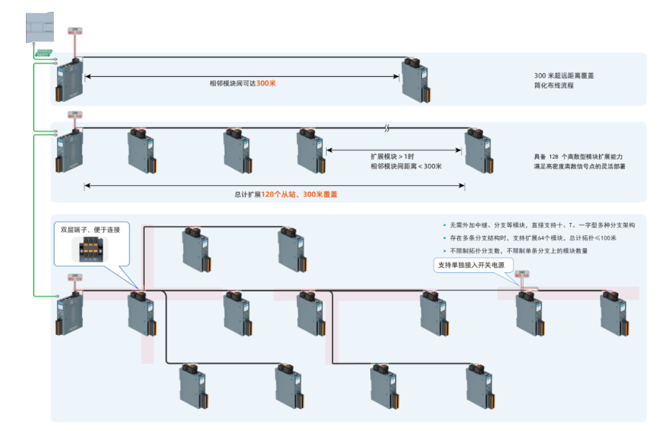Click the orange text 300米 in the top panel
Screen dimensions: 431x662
(266, 83)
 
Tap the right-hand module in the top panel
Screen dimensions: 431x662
(413, 80)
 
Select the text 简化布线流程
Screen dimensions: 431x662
(554, 86)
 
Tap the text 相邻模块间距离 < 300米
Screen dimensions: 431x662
(406, 167)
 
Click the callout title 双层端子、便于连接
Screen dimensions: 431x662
(90, 230)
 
